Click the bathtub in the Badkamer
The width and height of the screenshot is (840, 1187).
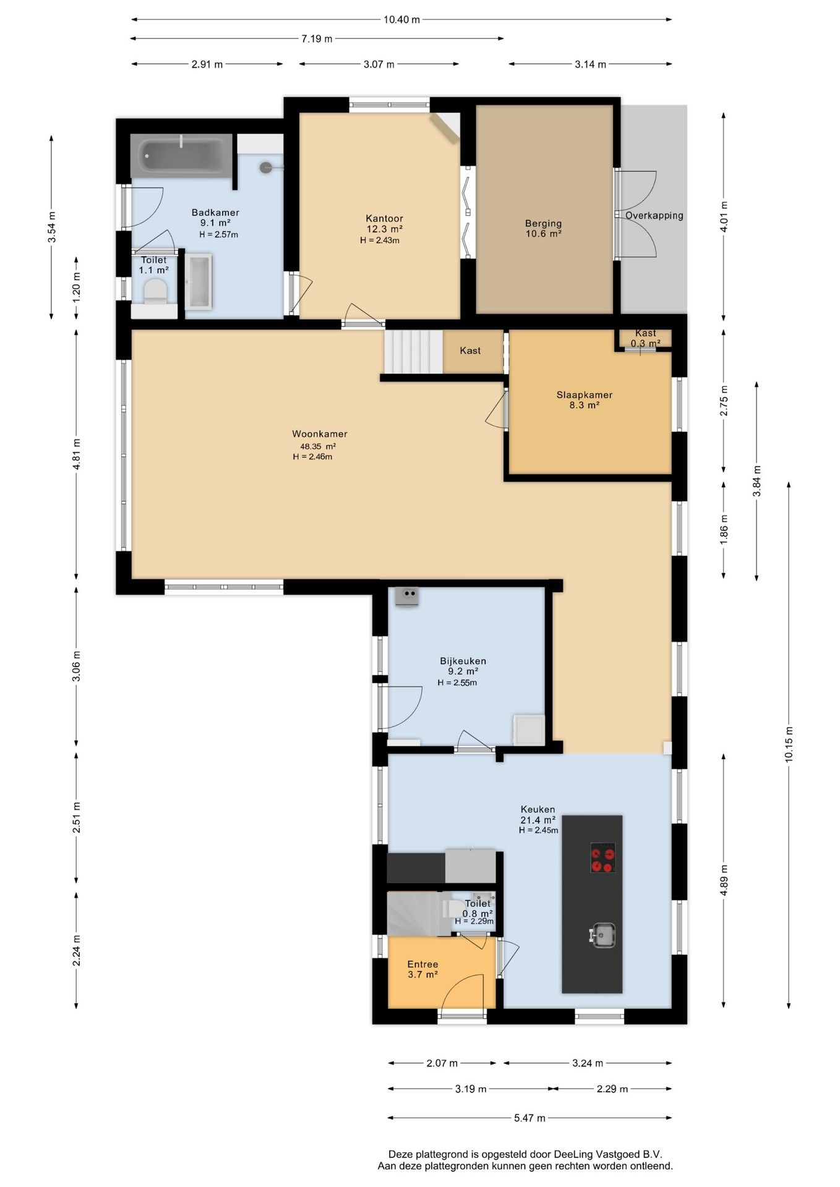tap(181, 155)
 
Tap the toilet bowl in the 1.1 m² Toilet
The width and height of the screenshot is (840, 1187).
tap(155, 291)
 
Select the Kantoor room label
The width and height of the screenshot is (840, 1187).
tap(384, 218)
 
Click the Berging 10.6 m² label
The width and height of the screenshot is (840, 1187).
tap(543, 228)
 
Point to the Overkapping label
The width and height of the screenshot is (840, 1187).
tap(654, 216)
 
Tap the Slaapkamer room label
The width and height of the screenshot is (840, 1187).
tap(585, 395)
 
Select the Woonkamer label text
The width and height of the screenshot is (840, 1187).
tap(320, 434)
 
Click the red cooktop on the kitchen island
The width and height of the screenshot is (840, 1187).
tap(602, 857)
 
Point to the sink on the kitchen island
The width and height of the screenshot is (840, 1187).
tap(602, 935)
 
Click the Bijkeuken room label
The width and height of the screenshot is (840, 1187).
tap(463, 661)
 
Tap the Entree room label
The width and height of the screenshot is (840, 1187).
tap(422, 964)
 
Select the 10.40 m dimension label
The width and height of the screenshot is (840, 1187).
tap(401, 20)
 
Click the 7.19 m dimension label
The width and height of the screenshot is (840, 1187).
tap(317, 39)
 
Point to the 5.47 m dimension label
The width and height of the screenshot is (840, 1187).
tap(529, 1118)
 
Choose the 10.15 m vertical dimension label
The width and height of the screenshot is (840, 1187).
tap(789, 745)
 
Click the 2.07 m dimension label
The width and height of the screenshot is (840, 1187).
tap(442, 1063)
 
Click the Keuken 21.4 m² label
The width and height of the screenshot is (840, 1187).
tap(538, 815)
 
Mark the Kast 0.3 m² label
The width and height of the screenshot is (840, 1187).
tap(645, 338)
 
